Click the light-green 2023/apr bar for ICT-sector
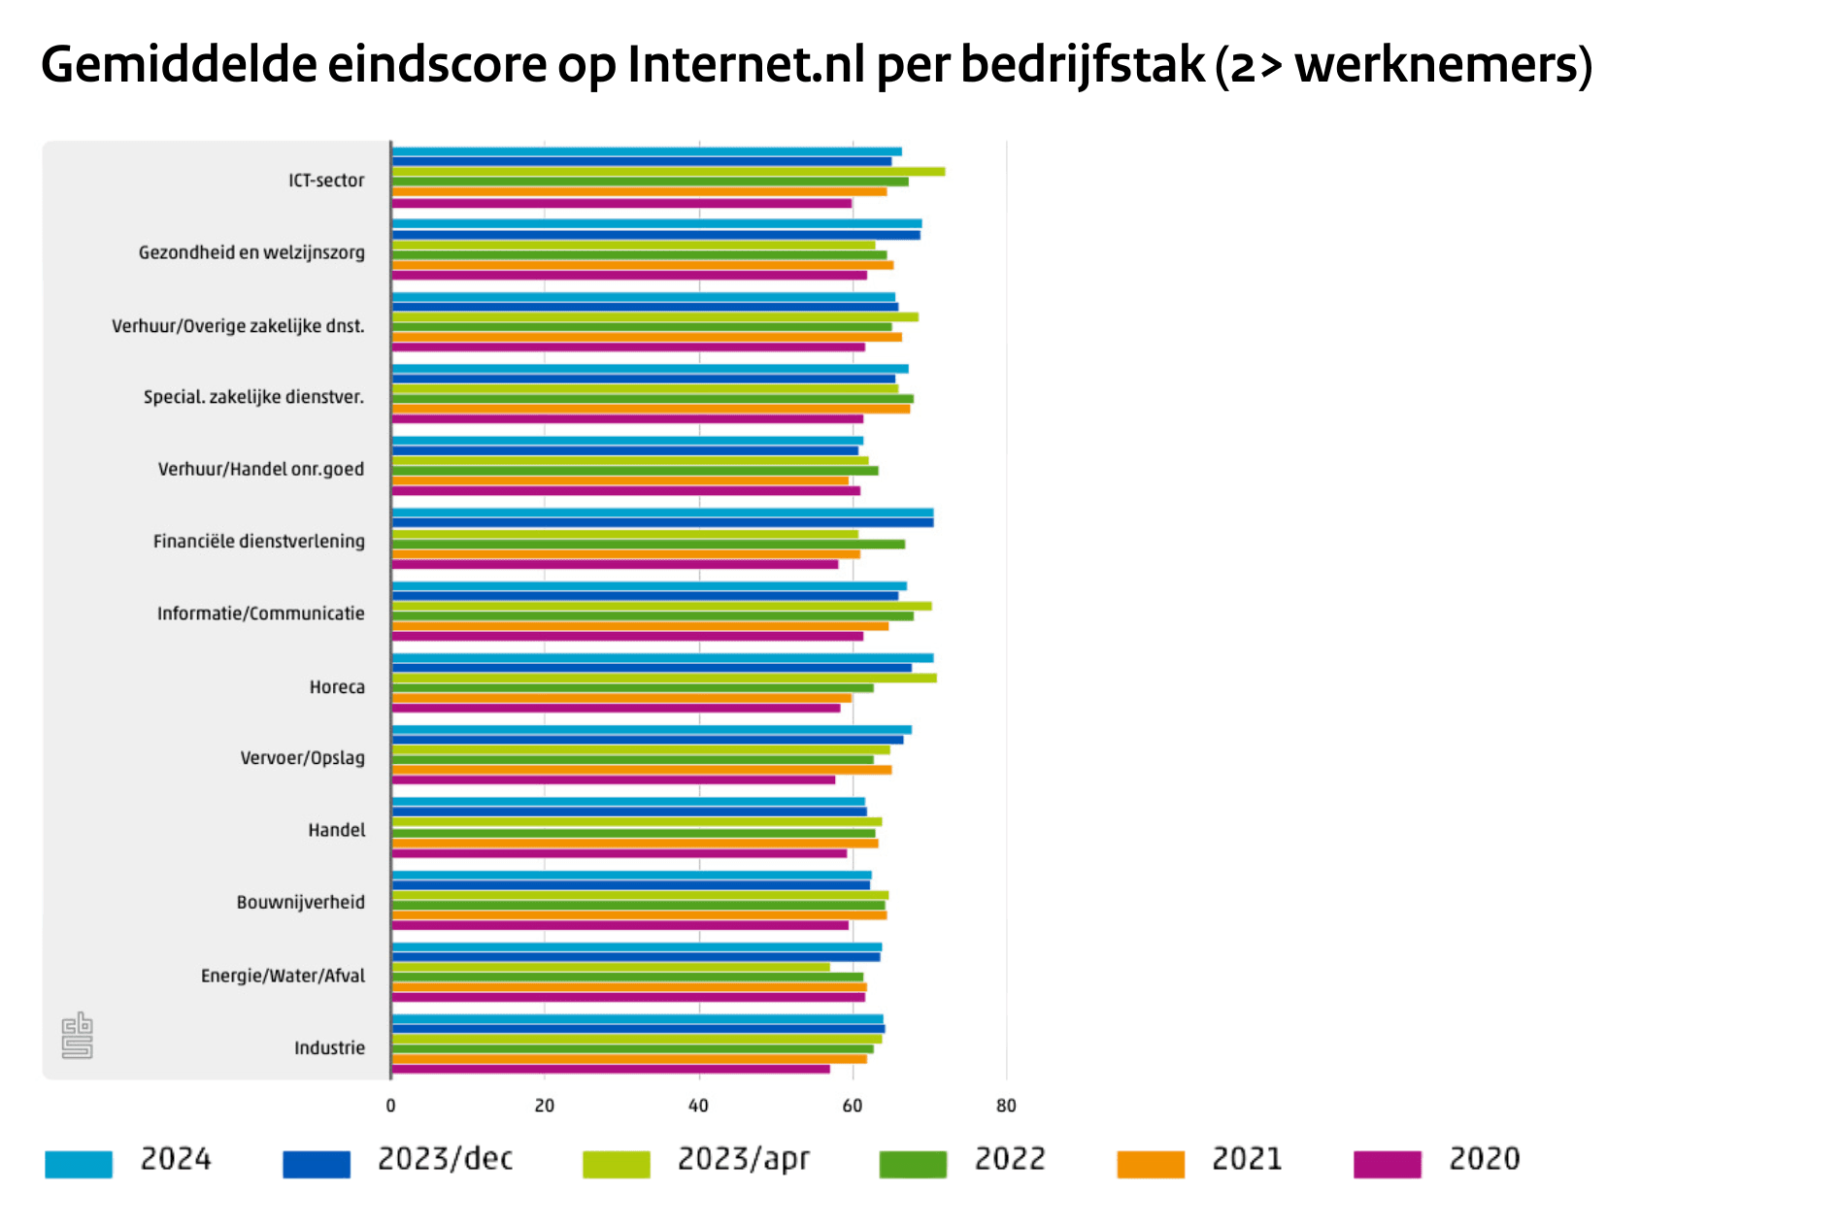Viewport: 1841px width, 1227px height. pos(668,172)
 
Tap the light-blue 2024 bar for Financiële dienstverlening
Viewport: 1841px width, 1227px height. pos(662,513)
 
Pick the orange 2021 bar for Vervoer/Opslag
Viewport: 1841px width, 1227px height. pos(641,770)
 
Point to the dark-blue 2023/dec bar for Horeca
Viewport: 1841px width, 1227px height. pos(651,668)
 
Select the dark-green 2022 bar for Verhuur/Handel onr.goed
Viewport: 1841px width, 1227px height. pos(634,471)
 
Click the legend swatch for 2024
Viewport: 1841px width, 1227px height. pos(79,1164)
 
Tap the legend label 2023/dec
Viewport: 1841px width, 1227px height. pos(445,1159)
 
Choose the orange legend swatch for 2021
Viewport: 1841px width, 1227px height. pos(1151,1164)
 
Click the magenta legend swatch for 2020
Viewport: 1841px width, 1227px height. pos(1387,1164)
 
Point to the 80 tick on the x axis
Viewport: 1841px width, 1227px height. pos(1006,1106)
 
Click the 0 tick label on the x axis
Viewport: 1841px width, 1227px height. pos(390,1106)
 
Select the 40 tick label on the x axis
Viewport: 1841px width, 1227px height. pos(698,1106)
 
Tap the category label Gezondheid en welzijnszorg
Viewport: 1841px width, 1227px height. pos(251,252)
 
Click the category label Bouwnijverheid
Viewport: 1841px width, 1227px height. pos(301,903)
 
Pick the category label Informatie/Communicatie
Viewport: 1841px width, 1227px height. pos(261,613)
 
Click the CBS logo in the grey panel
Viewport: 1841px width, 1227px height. pos(77,1036)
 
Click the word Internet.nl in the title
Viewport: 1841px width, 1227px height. pos(746,65)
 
